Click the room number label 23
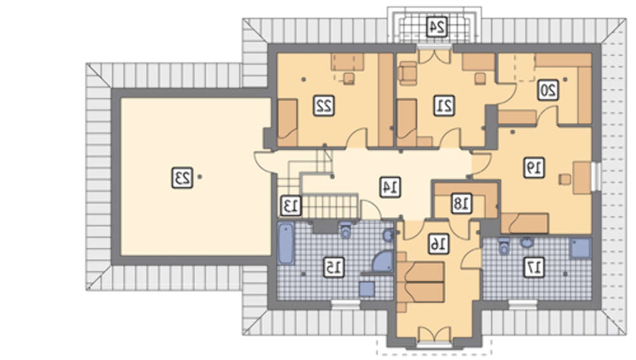coord(182,177)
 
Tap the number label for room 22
coord(324,106)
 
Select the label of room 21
coord(444,106)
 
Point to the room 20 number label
coord(548,90)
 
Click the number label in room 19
coord(534,167)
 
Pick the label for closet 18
coord(462,204)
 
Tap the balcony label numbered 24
coord(437,27)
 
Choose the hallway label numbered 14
coord(391,187)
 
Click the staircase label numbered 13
coord(291,205)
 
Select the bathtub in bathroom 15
coord(286,244)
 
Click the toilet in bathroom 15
coord(345,230)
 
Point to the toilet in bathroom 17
coord(504,246)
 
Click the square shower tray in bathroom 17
coord(580,249)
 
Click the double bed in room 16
coord(420,282)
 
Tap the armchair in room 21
coord(408,73)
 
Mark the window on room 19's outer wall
coord(596,176)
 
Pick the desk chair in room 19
coord(565,179)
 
